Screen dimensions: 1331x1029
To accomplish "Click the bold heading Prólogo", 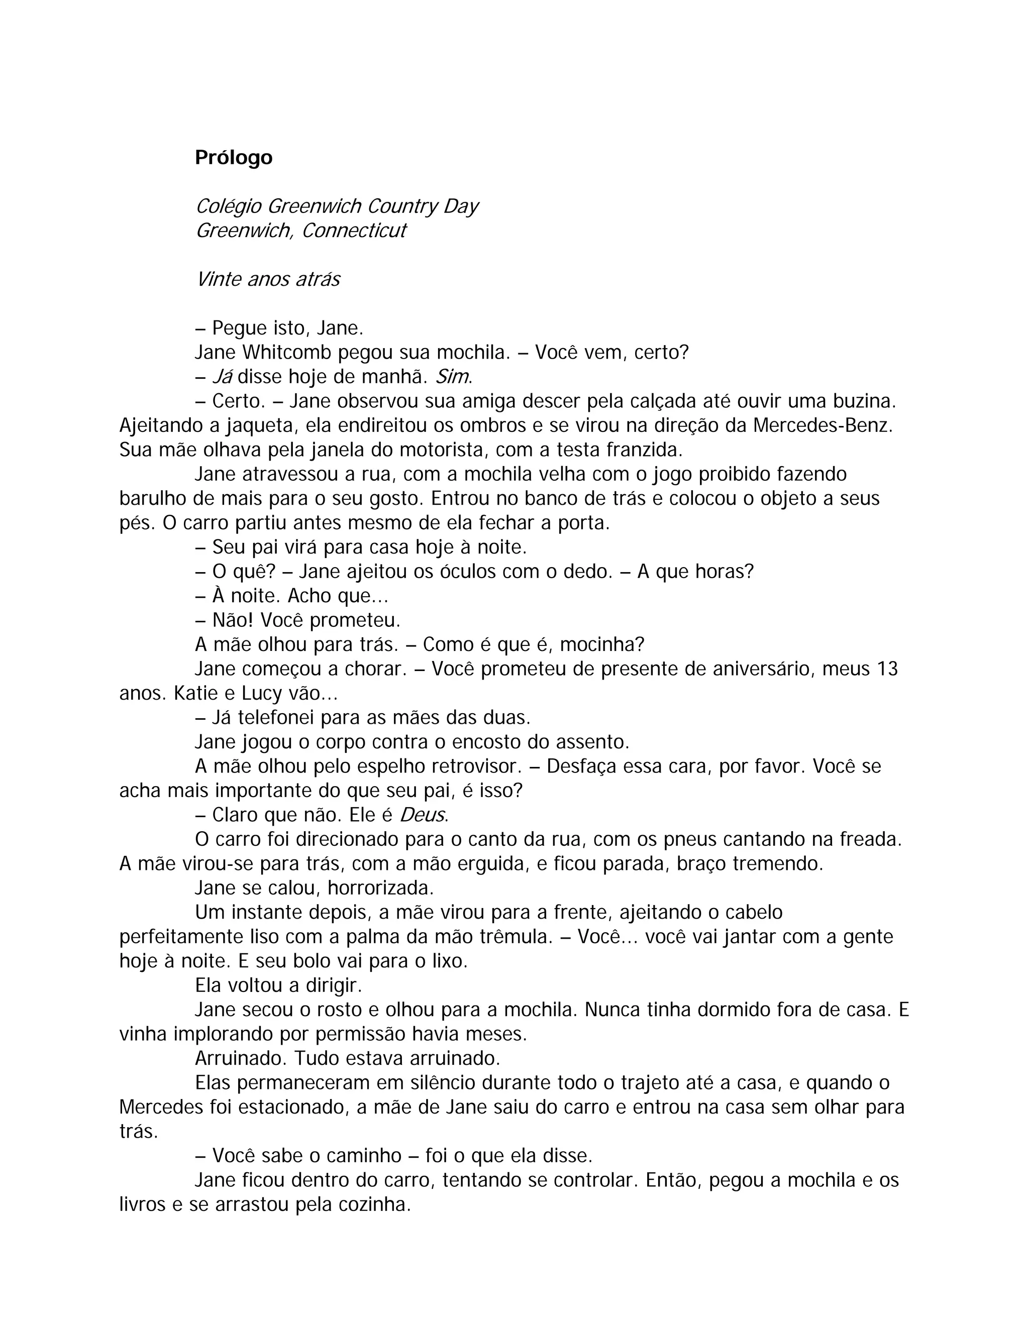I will pos(234,158).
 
